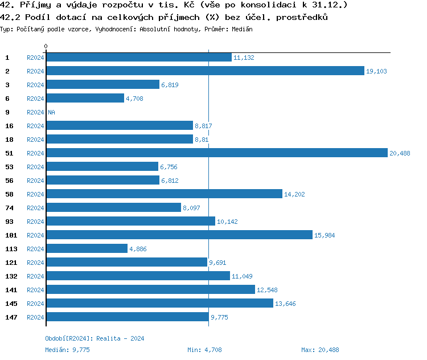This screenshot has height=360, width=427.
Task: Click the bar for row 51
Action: coord(216,153)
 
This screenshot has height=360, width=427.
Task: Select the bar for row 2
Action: coord(205,71)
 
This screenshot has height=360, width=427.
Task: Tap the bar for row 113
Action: coord(87,249)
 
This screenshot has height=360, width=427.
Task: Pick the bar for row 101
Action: coord(179,235)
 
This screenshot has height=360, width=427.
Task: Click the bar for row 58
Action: coord(164,194)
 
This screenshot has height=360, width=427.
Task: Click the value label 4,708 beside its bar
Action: coord(134,99)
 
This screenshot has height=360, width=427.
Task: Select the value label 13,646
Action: coord(285,304)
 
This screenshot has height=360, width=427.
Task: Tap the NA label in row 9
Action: coord(51,112)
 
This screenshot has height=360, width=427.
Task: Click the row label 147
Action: coord(11,317)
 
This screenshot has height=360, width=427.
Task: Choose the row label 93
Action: coord(9,222)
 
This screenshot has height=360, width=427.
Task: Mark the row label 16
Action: coord(9,126)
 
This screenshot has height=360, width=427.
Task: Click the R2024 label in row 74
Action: coord(35,208)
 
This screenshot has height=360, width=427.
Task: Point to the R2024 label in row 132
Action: coord(35,276)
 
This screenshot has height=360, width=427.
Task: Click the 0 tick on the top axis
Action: coord(46,46)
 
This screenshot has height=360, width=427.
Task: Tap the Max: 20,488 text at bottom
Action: coord(320,350)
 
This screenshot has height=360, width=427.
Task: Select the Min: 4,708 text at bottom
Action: coord(204,350)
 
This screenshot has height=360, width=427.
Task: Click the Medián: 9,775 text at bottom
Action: coord(67,350)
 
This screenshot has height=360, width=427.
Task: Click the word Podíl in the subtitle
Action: coord(36,18)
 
